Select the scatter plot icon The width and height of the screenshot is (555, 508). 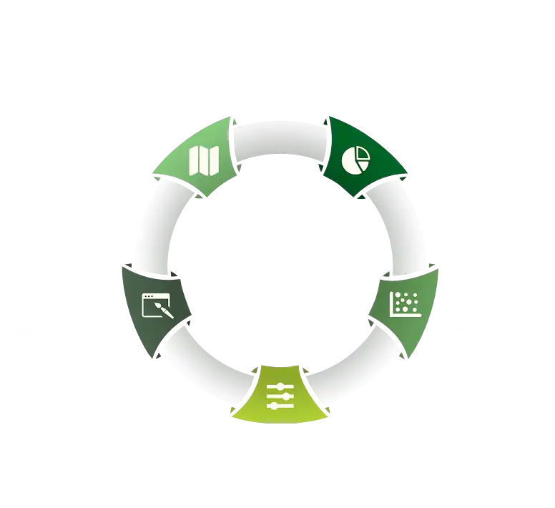click(404, 304)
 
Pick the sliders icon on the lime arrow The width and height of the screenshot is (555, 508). click(280, 396)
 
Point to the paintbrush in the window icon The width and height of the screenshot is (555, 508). click(163, 310)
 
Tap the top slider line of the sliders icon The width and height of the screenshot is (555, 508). click(280, 387)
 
